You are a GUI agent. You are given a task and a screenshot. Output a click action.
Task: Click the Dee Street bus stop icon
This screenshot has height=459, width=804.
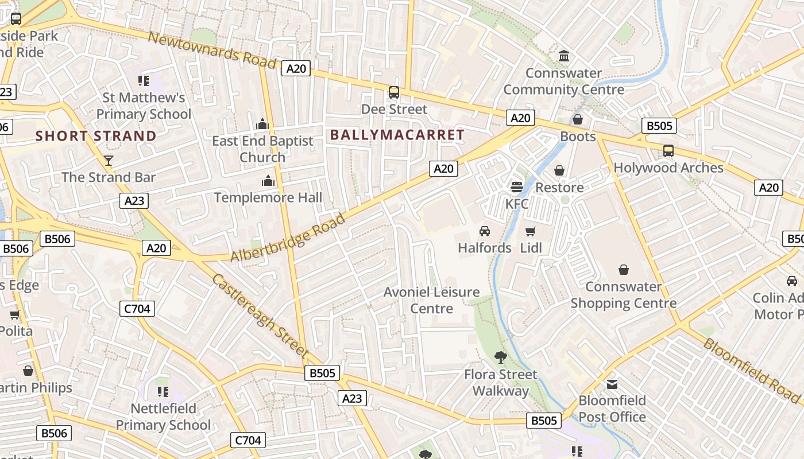pos(394,92)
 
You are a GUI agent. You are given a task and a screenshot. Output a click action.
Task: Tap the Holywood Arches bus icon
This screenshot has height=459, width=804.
pos(668,151)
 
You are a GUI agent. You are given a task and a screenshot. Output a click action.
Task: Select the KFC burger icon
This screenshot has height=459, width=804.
pos(516,186)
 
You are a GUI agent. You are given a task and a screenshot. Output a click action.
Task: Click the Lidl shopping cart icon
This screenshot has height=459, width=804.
pos(531,231)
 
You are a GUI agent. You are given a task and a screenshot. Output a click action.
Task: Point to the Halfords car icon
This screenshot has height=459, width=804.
pos(485,231)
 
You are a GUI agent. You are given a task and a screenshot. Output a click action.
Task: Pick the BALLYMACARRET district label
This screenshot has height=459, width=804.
pos(397,135)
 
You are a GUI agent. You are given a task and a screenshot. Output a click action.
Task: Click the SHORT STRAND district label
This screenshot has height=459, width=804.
pos(96,136)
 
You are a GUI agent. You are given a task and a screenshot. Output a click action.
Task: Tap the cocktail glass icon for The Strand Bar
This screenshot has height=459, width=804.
pos(109,160)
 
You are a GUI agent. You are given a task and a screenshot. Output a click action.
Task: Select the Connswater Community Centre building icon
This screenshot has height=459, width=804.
pos(564,56)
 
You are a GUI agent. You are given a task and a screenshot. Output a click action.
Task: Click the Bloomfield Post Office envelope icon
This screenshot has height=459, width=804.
pos(612,384)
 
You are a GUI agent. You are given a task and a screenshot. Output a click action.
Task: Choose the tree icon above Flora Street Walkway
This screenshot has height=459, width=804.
pos(501,357)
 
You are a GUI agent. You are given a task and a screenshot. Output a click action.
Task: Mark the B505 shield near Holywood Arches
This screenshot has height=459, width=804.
pos(659,126)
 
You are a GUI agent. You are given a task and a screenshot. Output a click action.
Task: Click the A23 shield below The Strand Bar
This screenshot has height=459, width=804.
pos(134,200)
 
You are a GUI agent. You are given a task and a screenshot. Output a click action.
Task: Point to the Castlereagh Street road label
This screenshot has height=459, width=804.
pos(261,313)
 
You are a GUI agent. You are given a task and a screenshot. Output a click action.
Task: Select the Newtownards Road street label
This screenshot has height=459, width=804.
pos(212,50)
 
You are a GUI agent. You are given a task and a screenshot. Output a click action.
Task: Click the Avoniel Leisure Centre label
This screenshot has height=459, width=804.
pos(432,300)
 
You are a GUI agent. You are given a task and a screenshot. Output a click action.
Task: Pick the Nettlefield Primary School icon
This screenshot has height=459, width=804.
pos(163,392)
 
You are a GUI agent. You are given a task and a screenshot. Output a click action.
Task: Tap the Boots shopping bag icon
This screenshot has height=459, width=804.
pos(578,119)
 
